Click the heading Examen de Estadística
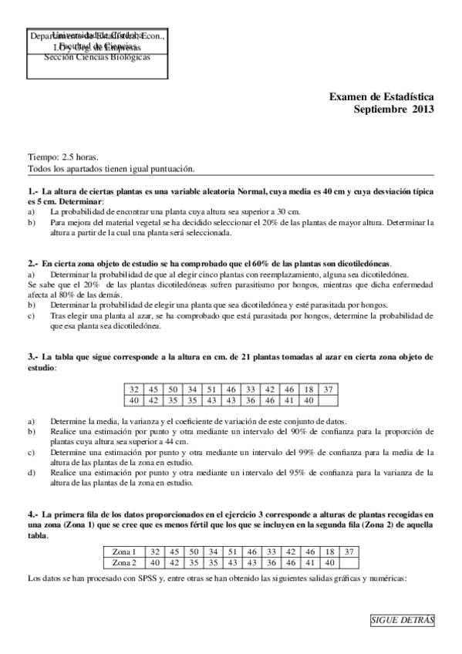381,97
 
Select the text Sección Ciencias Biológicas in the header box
96,58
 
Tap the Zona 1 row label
124,551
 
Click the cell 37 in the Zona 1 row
348,551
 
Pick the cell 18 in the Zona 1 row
329,551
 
